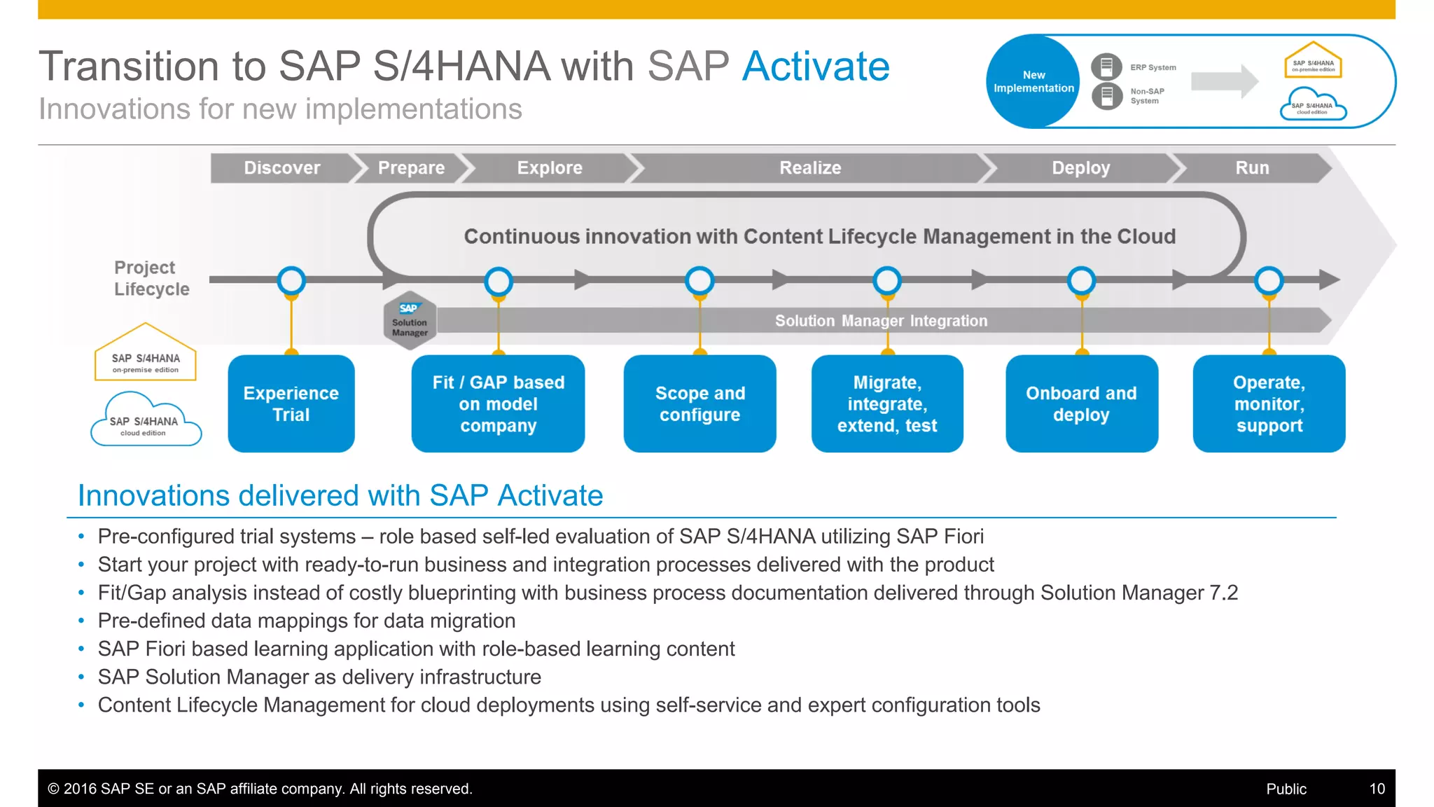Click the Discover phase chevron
[282, 168]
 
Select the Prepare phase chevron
[411, 168]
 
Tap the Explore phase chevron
[550, 168]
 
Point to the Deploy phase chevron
[1080, 168]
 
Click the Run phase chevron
[1252, 168]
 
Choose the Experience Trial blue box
[291, 403]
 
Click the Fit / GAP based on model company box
[498, 403]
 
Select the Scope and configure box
[699, 403]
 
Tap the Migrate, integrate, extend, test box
[887, 403]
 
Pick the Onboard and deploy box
[1081, 403]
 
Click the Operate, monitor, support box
[1269, 403]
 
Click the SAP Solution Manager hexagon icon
[410, 321]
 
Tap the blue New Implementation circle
[1033, 81]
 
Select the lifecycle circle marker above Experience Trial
[291, 281]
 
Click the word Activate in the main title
[816, 67]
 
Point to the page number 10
[1377, 789]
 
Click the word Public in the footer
[1286, 789]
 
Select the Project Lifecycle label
[151, 278]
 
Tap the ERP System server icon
[1106, 67]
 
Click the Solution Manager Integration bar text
[881, 321]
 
